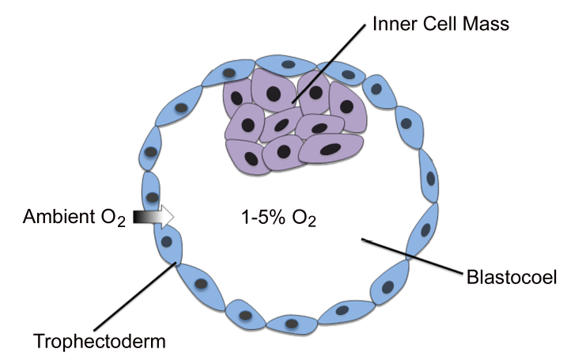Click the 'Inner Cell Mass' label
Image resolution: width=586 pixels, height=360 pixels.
pyautogui.click(x=441, y=25)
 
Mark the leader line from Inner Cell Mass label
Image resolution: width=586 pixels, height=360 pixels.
pyautogui.click(x=332, y=63)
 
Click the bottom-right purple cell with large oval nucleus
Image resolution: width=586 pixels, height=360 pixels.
pyautogui.click(x=331, y=147)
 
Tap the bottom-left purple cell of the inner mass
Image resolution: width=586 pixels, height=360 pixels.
pyautogui.click(x=245, y=153)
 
